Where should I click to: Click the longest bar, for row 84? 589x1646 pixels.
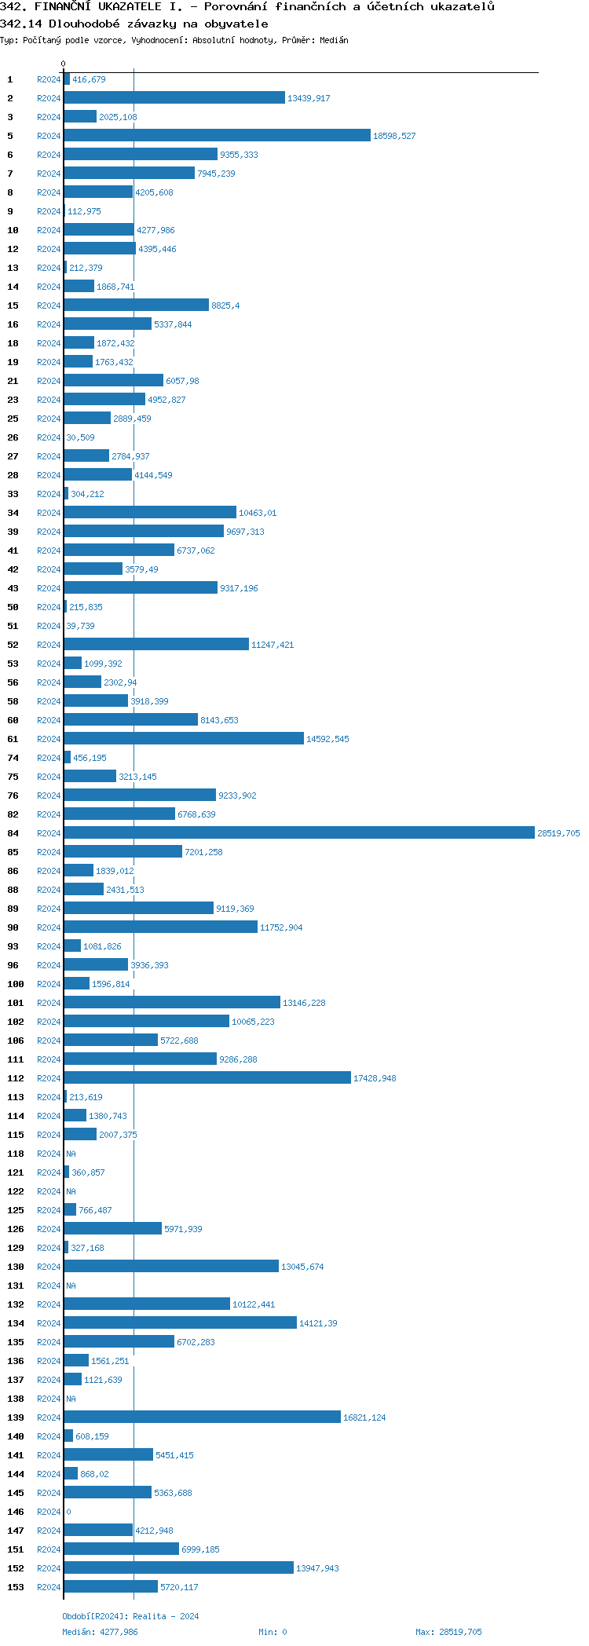pyautogui.click(x=298, y=832)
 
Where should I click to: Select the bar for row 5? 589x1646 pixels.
pyautogui.click(x=217, y=135)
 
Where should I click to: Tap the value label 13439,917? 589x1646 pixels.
pyautogui.click(x=309, y=98)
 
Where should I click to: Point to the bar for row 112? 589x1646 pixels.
pyautogui.click(x=207, y=1077)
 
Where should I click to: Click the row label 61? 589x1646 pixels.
pyautogui.click(x=13, y=739)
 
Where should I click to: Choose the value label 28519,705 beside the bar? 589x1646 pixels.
pyautogui.click(x=558, y=833)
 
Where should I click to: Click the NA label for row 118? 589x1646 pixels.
pyautogui.click(x=71, y=1154)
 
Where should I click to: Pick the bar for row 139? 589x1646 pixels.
pyautogui.click(x=202, y=1417)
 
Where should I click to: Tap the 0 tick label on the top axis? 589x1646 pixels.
pyautogui.click(x=63, y=64)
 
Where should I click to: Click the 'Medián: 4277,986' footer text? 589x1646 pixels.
pyautogui.click(x=100, y=1632)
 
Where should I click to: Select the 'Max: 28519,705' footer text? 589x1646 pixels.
pyautogui.click(x=448, y=1632)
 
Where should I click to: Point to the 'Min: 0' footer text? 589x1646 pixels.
pyautogui.click(x=273, y=1632)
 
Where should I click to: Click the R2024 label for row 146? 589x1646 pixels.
pyautogui.click(x=49, y=1512)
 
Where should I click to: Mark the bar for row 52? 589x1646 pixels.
pyautogui.click(x=156, y=644)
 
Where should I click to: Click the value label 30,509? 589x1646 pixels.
pyautogui.click(x=80, y=437)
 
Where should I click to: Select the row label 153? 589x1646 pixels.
pyautogui.click(x=16, y=1587)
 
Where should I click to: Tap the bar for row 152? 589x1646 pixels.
pyautogui.click(x=178, y=1567)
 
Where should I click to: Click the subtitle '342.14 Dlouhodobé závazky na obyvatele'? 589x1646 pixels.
pyautogui.click(x=134, y=24)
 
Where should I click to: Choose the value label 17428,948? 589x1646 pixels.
pyautogui.click(x=375, y=1078)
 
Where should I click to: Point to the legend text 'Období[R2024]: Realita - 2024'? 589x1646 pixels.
pyautogui.click(x=130, y=1616)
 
